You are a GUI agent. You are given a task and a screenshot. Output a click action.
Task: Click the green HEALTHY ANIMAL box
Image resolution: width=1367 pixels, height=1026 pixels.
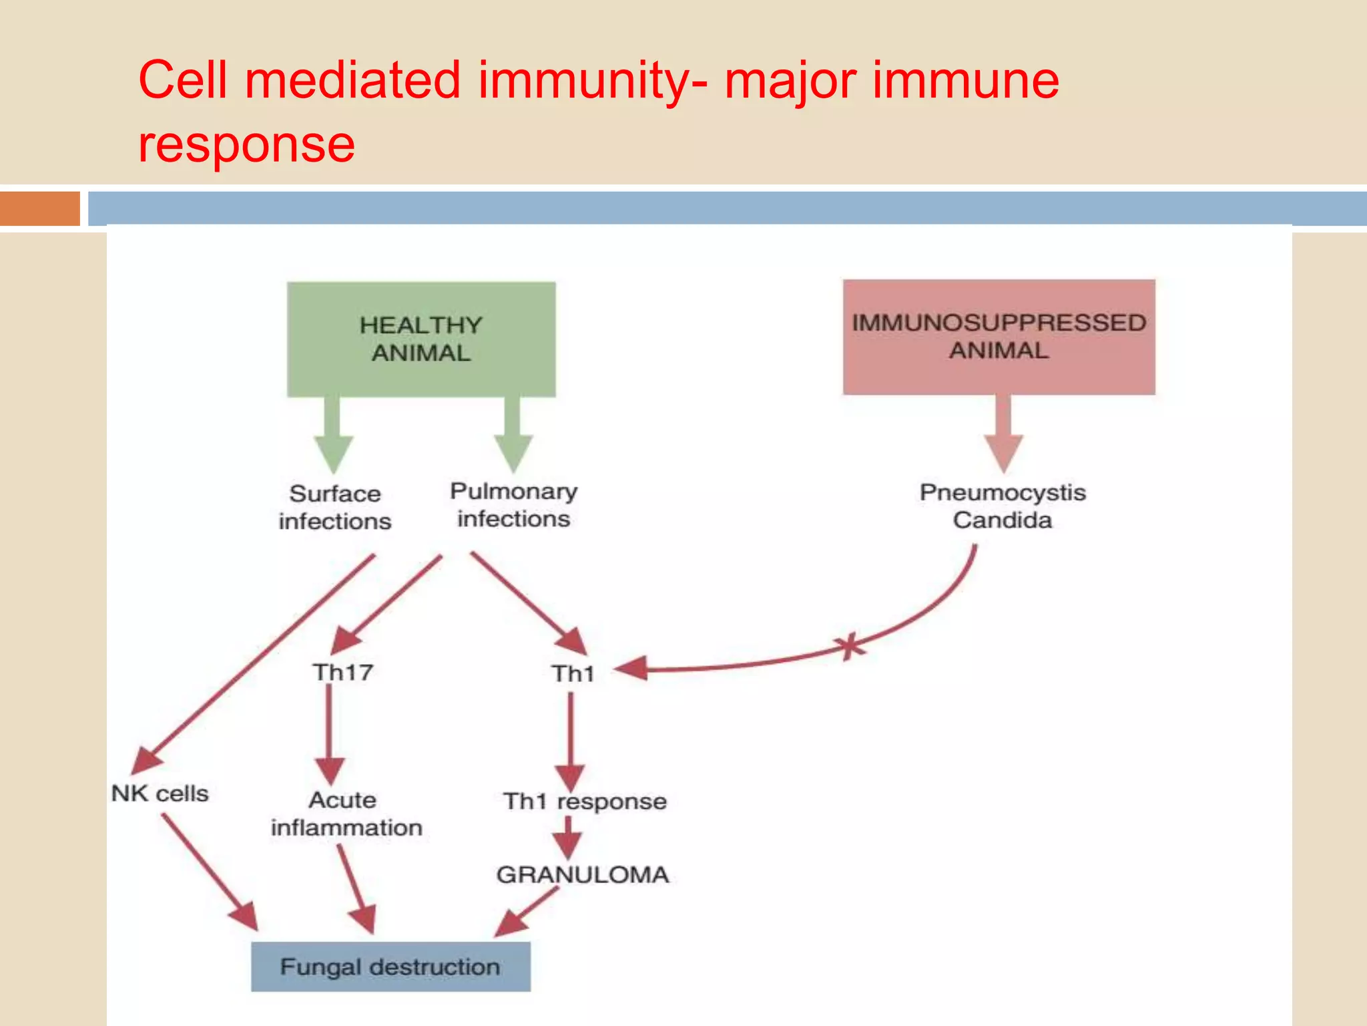coord(421,339)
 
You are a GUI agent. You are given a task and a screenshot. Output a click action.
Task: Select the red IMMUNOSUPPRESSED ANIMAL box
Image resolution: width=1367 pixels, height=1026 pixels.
coord(999,337)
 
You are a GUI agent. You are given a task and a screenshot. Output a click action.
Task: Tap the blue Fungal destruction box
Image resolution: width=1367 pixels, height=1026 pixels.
coord(390,967)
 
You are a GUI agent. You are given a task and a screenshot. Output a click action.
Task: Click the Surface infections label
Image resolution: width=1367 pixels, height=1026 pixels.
coord(335,507)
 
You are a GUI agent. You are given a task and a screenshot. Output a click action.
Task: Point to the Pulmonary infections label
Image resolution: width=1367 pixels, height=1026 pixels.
coord(513,505)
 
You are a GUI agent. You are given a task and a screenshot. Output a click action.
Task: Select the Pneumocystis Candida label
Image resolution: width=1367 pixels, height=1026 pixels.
coord(1003,506)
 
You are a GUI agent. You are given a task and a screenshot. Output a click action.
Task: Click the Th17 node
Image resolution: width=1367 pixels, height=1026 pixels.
coord(342,672)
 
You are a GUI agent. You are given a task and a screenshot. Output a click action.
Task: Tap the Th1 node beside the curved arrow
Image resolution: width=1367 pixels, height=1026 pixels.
coord(573,673)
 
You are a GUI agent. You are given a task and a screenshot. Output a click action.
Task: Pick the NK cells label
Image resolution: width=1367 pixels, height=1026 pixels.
coord(160,794)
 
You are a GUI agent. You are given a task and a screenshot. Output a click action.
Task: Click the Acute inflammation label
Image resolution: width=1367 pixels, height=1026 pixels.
coord(346,814)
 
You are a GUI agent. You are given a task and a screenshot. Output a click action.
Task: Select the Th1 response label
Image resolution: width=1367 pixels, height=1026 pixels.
coord(585,801)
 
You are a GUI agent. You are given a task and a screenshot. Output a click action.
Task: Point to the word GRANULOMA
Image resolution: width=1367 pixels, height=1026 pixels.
coord(582,874)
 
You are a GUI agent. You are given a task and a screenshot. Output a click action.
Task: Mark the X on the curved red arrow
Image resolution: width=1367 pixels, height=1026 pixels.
coord(849,646)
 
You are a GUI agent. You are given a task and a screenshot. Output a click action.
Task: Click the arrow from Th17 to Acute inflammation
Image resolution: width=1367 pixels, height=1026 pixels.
coord(329,735)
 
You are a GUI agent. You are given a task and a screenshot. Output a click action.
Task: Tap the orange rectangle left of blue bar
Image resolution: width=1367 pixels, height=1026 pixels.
coord(40,208)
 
